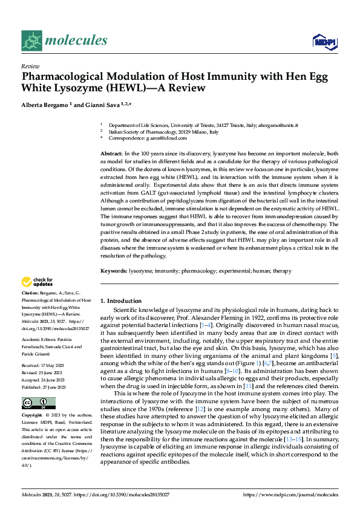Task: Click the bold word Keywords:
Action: [x=113, y=271]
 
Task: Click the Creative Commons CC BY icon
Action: [x=38, y=403]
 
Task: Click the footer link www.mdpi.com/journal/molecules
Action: [x=290, y=494]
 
